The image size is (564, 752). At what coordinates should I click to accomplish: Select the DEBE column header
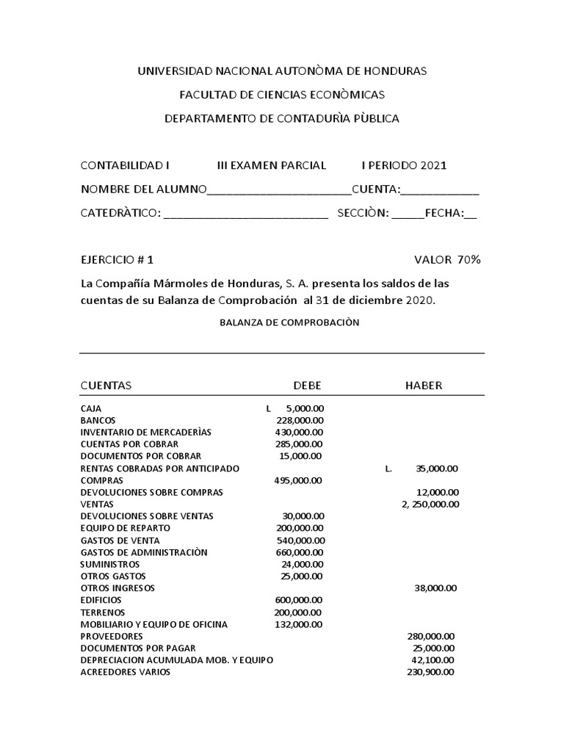307,386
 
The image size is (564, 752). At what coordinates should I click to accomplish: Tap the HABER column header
424,386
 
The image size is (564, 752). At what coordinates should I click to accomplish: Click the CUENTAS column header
106,386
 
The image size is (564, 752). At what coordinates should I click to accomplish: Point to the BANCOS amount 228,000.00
300,420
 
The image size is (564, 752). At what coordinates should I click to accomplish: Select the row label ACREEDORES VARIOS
126,672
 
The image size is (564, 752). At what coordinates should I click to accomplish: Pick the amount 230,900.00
430,672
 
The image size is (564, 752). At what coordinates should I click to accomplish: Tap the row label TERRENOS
103,612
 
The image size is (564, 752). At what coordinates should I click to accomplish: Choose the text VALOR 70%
447,259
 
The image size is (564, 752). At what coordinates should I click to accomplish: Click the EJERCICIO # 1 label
117,259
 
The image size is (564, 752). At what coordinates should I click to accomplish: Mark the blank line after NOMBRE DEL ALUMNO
280,190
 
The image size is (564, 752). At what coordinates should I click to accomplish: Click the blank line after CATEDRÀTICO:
246,214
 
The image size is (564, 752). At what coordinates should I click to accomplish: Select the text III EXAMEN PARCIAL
272,165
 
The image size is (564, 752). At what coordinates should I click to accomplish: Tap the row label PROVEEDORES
112,636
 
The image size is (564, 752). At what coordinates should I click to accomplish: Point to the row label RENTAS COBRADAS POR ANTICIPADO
160,468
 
